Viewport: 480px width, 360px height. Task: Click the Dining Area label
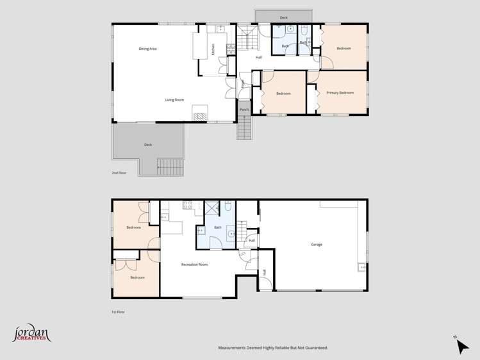(148, 49)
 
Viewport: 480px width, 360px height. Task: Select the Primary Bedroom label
(340, 94)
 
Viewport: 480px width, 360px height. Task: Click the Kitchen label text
(213, 49)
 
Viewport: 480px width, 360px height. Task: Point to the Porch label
(244, 110)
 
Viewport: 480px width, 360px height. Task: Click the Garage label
(317, 245)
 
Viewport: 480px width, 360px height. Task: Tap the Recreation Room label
(194, 265)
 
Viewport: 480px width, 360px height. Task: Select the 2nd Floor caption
(119, 173)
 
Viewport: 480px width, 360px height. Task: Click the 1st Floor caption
(118, 312)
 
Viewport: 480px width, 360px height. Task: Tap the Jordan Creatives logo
(31, 334)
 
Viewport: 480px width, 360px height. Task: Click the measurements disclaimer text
(273, 348)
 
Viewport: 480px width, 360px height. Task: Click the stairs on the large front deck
(170, 167)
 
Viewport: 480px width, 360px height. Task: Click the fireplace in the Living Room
(200, 116)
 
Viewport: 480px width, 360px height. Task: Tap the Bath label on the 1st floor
(218, 227)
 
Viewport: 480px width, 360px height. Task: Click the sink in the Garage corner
(362, 267)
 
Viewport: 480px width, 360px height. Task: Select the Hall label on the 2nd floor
(259, 58)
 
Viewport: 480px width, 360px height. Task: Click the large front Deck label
(148, 145)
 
